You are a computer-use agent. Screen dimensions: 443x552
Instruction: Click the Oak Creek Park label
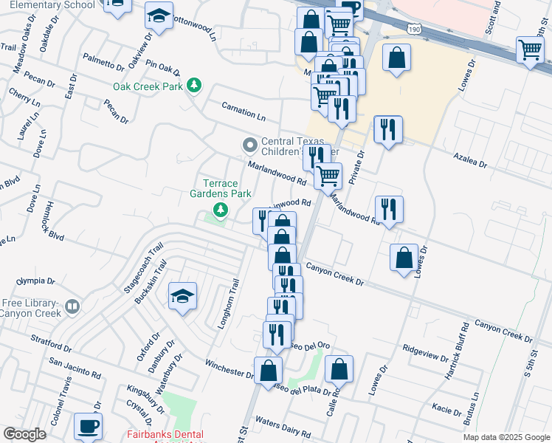pyautogui.click(x=148, y=86)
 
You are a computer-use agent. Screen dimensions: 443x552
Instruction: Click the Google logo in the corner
pyautogui.click(x=24, y=434)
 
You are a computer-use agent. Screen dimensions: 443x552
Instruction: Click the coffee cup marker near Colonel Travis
pyautogui.click(x=89, y=426)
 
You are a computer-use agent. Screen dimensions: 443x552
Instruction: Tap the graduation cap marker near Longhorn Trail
pyautogui.click(x=182, y=297)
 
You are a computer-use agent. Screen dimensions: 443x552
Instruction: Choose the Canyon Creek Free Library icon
pyautogui.click(x=72, y=306)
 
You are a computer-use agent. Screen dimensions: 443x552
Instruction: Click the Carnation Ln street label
pyautogui.click(x=244, y=111)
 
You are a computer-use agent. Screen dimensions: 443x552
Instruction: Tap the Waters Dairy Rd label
pyautogui.click(x=284, y=428)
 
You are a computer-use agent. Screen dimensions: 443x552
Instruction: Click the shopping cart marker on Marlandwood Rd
pyautogui.click(x=328, y=176)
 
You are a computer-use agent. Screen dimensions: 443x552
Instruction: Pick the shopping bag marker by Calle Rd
pyautogui.click(x=339, y=369)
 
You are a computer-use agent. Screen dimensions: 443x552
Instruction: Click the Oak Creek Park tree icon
pyautogui.click(x=194, y=86)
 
